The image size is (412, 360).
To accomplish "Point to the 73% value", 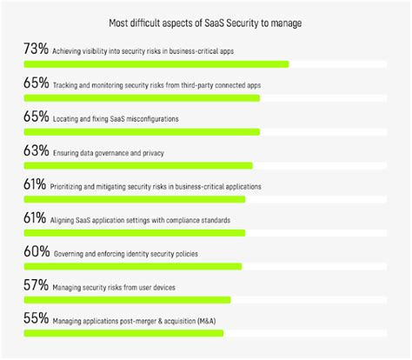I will click(36, 50).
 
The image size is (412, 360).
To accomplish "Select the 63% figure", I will click(36, 151).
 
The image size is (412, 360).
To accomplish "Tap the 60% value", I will click(36, 253).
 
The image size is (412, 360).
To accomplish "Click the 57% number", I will click(36, 287).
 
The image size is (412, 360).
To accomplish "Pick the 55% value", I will click(36, 320).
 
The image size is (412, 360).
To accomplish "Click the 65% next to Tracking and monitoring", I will click(36, 84).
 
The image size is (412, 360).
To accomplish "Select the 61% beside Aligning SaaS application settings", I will click(36, 219).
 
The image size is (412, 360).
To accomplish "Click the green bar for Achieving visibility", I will click(156, 63).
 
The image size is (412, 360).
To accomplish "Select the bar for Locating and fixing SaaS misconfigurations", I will click(142, 131).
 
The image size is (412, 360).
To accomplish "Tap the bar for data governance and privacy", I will click(138, 165).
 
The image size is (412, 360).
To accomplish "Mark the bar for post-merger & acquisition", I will click(123, 333).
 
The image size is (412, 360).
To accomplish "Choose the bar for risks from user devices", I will click(127, 300).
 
